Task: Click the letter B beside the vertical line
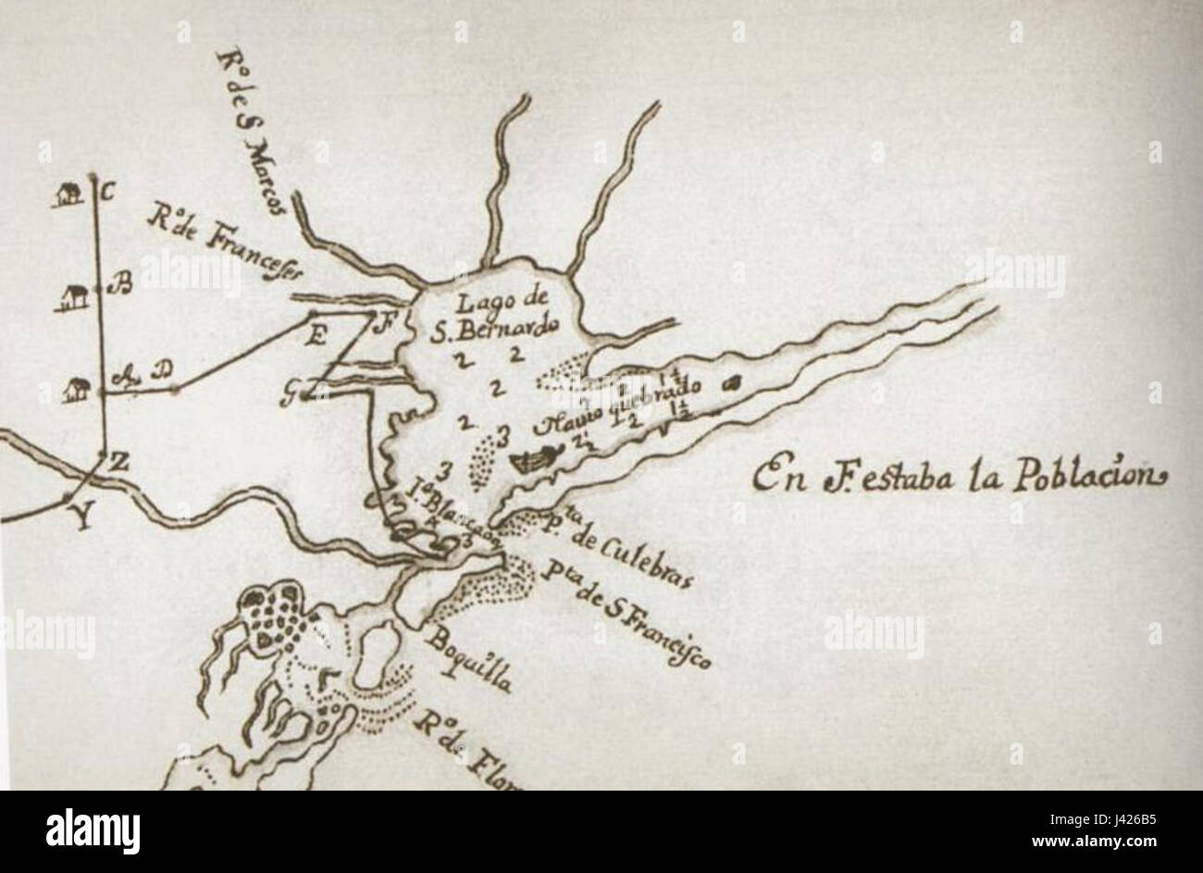click(120, 285)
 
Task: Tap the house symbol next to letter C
click(67, 194)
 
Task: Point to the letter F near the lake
click(376, 323)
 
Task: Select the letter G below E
click(291, 396)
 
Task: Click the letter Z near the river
click(118, 462)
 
